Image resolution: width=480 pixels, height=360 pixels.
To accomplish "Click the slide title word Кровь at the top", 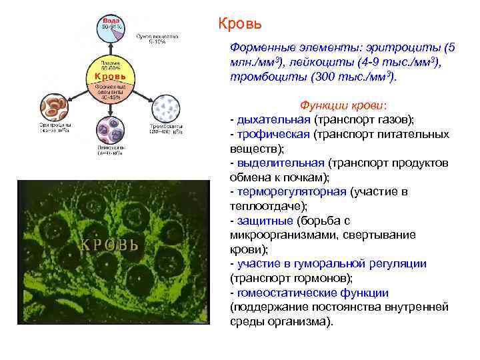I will pos(240,24).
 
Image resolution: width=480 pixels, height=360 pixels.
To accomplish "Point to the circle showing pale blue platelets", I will pos(165,107).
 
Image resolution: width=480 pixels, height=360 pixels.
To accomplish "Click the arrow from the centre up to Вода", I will pos(110,49).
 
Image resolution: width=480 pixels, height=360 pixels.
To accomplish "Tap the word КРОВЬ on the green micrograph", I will pos(109,243).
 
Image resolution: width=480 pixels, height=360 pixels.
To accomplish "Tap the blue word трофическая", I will pos(273,135).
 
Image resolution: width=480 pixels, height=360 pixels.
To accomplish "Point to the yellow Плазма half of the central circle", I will pos(110,63).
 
